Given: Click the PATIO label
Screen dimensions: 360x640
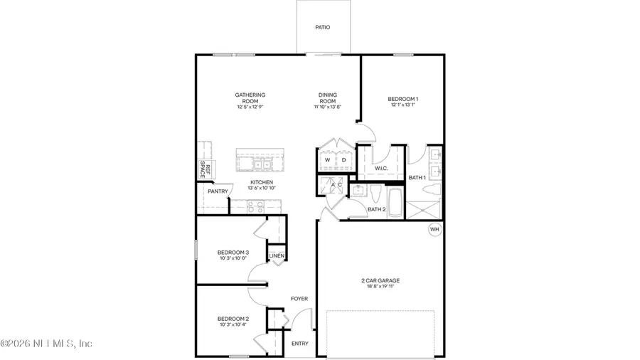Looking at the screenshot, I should (322, 28).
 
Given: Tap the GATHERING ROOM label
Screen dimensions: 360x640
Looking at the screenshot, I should (250, 98).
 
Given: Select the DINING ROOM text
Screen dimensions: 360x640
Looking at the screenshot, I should (328, 98).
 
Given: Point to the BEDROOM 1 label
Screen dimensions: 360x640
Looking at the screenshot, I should (402, 99).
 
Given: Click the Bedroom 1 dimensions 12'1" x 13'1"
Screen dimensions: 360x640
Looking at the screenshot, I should (402, 105).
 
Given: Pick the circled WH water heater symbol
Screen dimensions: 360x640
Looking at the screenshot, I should (435, 230).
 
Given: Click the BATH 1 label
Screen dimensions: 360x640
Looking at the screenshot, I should (417, 176).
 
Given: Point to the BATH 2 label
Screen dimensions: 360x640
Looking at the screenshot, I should (376, 209).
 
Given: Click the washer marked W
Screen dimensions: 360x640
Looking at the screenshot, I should (327, 160).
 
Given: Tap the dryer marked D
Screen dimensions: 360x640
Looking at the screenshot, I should (344, 160).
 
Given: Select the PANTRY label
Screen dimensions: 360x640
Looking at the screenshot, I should (217, 191).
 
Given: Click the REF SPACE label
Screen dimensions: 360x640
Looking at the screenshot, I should (204, 171).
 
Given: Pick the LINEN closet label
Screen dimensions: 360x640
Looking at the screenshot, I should (277, 255).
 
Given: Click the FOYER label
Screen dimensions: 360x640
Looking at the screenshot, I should (299, 299).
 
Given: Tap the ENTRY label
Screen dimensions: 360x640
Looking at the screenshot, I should (300, 344).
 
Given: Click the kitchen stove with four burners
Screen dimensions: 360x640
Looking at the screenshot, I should (255, 207).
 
